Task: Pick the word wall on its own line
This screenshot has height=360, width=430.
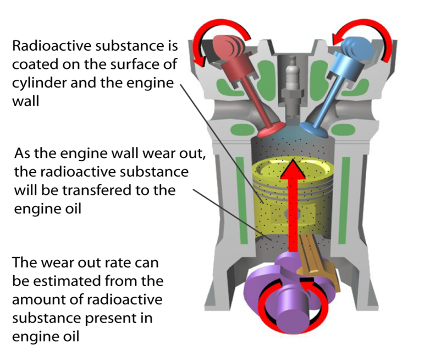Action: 25,102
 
